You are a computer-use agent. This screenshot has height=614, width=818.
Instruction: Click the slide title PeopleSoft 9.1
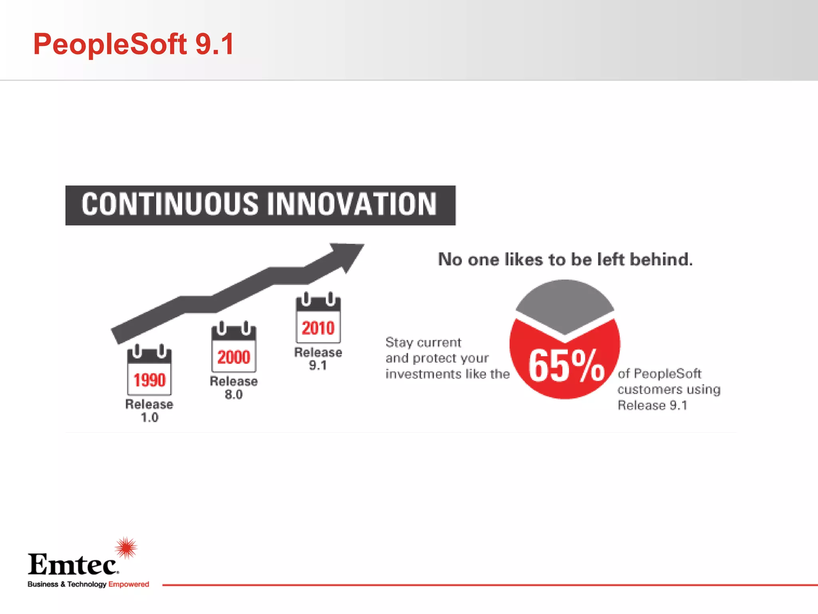133,44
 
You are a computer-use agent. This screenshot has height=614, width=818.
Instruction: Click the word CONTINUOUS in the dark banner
170,204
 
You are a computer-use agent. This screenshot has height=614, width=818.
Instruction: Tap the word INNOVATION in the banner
352,204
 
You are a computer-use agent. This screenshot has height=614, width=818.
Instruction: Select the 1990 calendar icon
149,370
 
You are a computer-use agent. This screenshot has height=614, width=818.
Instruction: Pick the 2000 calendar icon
234,347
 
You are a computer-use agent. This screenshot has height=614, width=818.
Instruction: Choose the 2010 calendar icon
318,318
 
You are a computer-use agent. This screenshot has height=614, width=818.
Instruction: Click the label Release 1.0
149,411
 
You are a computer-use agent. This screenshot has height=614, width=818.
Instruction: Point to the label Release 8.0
234,388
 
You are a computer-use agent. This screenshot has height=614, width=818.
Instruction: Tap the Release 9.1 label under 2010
318,359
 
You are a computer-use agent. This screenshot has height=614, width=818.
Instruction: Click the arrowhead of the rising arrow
347,256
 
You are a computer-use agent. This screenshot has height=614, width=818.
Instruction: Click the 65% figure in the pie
566,366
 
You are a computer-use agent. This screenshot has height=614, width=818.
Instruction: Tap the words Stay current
423,343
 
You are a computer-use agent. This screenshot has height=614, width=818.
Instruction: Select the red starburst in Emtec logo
126,548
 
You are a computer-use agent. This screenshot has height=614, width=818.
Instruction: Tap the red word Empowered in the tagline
129,584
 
